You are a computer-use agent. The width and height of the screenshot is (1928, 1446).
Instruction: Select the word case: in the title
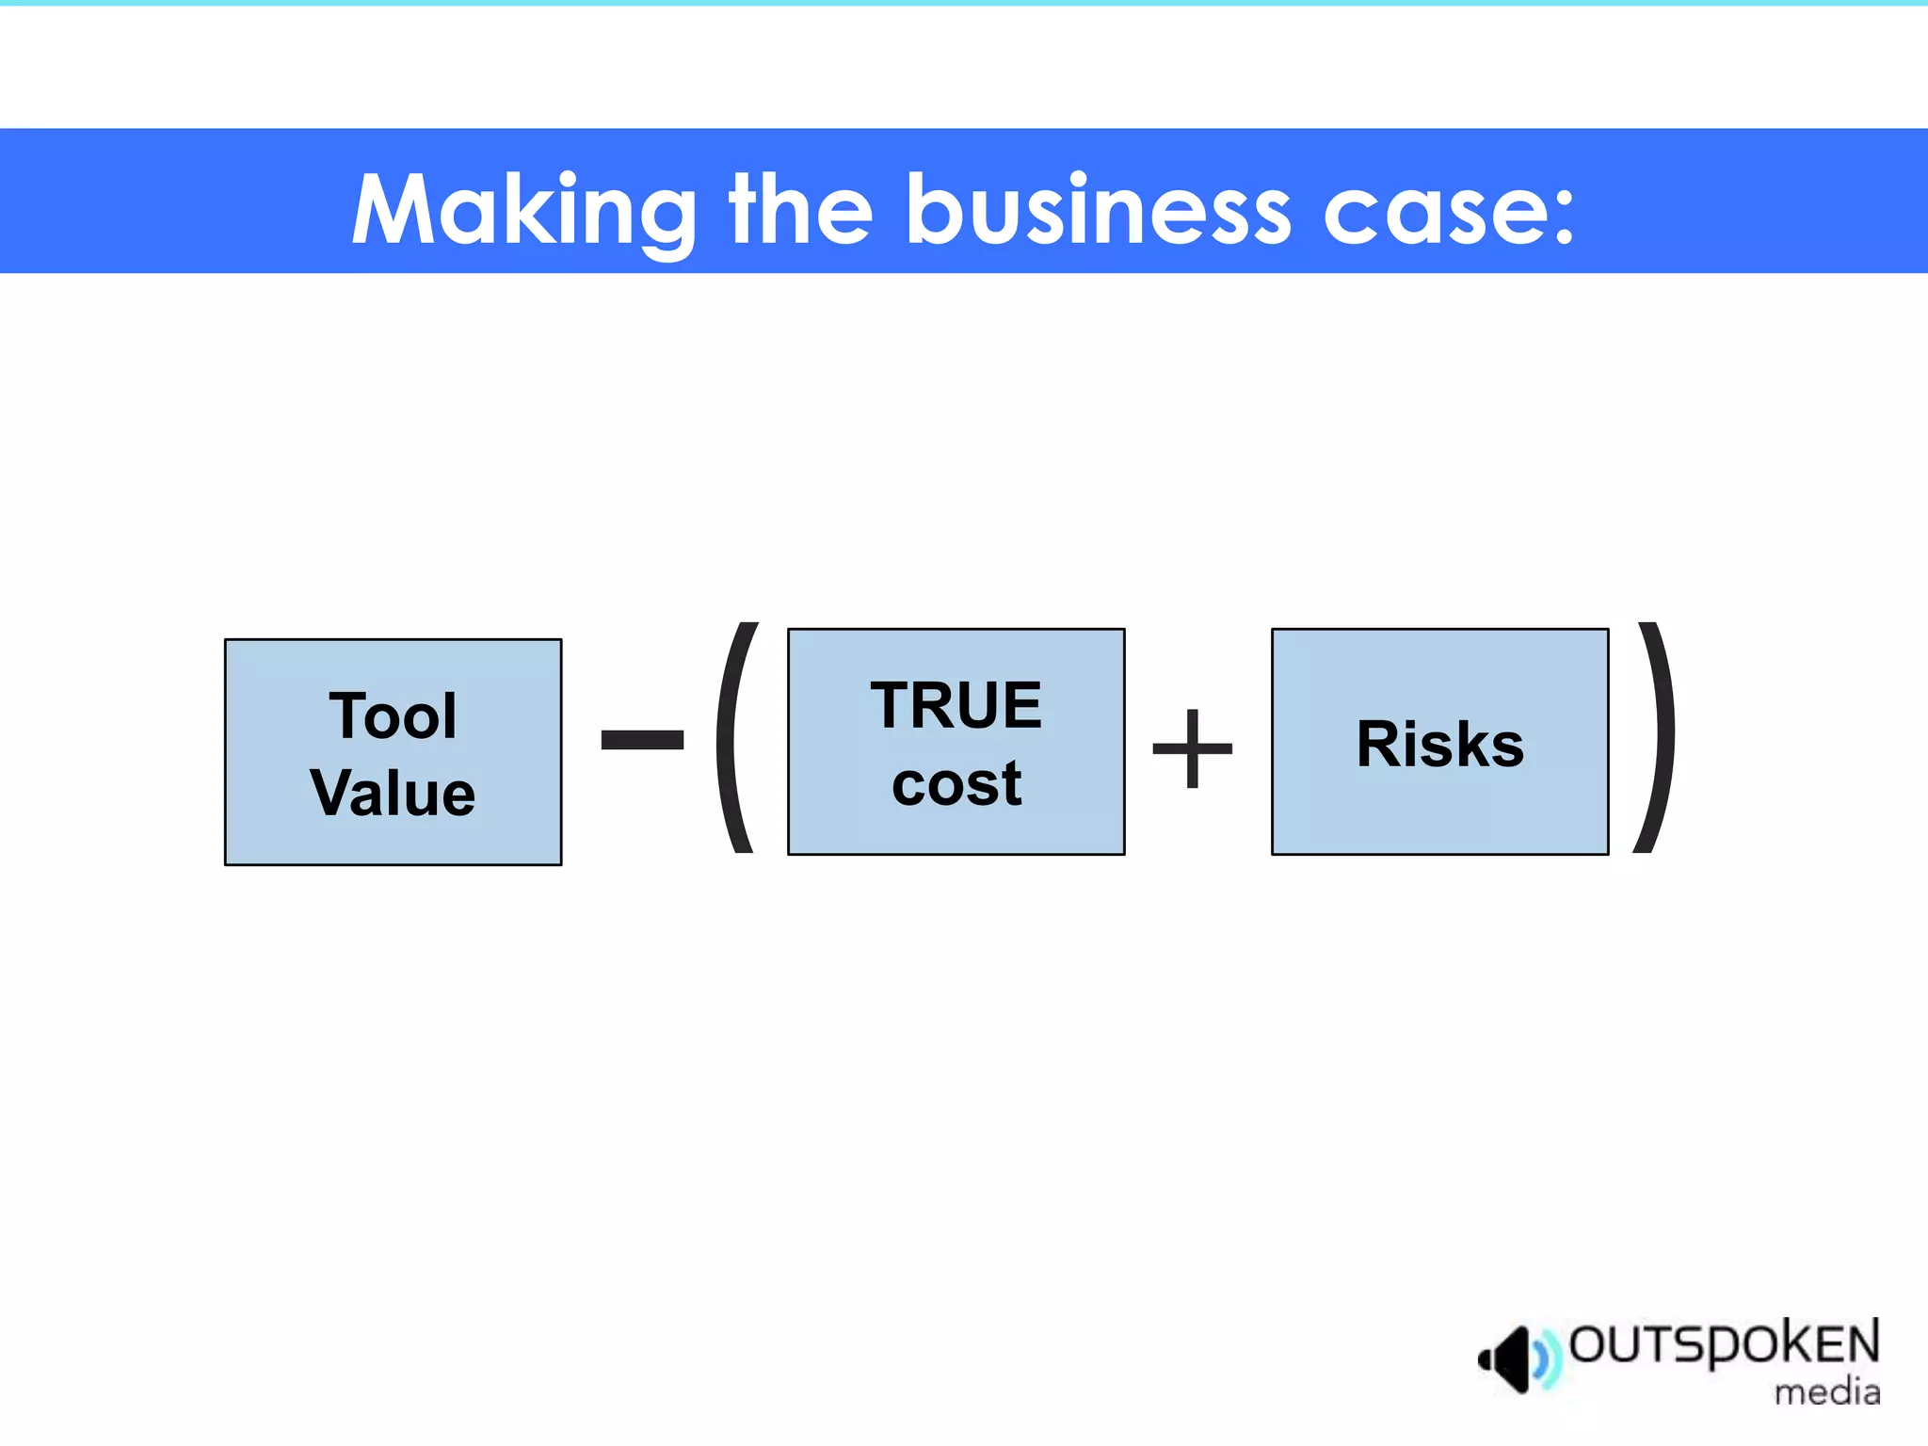pos(1448,213)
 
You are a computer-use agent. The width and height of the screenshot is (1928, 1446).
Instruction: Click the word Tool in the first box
pos(393,715)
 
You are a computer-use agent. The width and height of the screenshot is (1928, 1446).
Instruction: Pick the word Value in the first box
pos(393,793)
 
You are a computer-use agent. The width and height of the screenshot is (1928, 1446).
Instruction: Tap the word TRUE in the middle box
pos(956,705)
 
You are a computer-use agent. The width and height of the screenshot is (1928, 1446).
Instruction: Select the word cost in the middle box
pos(956,783)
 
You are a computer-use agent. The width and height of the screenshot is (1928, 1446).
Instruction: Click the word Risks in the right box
pos(1439,744)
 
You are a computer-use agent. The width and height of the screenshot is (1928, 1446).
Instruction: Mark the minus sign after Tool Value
pos(642,739)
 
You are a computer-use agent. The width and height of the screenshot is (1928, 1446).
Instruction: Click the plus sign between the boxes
pos(1192,748)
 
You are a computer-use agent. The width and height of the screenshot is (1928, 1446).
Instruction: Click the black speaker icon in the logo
pos(1506,1358)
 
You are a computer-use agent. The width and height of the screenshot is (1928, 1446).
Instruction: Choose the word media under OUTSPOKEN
pos(1826,1391)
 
